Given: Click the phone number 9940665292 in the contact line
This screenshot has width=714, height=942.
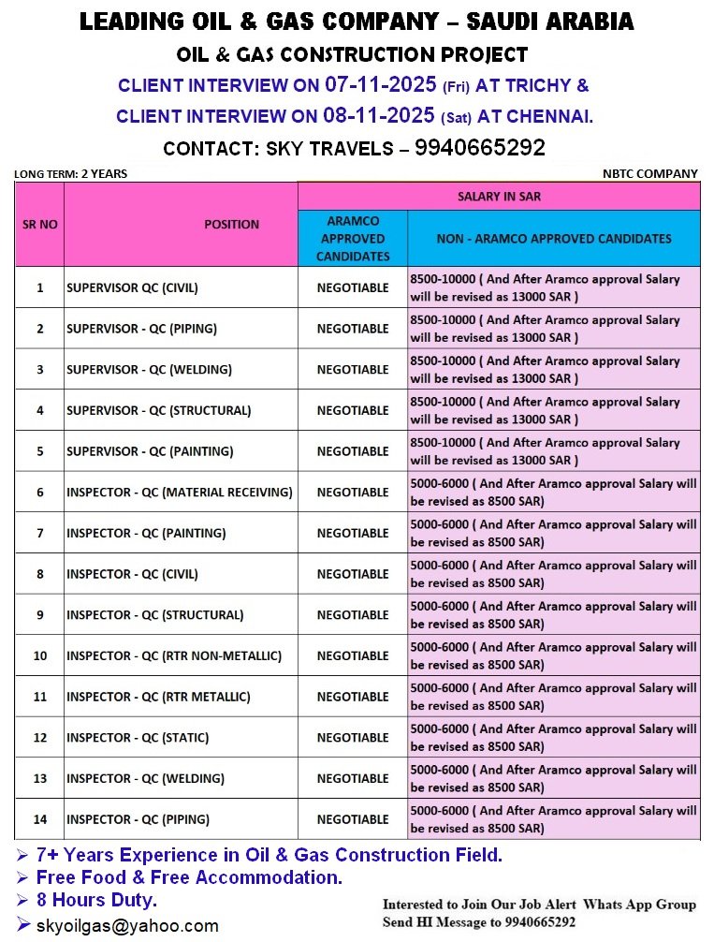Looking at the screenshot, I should [479, 148].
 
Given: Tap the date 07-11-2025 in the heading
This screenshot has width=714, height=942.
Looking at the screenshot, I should [381, 85].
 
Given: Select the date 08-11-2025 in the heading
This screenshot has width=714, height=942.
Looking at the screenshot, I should [381, 116].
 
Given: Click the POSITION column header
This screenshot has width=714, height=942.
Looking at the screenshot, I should [231, 225].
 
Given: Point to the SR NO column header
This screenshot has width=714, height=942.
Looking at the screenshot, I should [39, 225].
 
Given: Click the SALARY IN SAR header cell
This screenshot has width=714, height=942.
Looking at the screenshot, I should [498, 197].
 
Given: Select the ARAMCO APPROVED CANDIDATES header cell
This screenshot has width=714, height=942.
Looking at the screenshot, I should [353, 239].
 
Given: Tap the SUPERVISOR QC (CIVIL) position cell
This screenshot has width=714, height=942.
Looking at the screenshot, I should [132, 287].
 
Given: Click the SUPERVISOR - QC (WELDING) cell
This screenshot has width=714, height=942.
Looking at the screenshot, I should [149, 370].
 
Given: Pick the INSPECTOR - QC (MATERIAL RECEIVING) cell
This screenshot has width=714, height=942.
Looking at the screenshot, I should [179, 493].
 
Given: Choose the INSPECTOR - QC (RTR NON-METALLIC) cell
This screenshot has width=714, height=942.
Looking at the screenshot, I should [173, 655].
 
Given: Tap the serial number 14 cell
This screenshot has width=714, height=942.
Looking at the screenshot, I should [39, 819].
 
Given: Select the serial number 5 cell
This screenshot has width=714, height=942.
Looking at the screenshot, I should [39, 451].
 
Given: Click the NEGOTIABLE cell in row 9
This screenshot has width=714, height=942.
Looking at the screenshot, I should [353, 615].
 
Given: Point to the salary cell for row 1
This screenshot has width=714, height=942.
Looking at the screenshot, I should [552, 287].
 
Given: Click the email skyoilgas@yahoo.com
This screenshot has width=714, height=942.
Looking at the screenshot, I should [127, 926].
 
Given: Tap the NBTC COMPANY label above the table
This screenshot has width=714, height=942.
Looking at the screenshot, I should [663, 173].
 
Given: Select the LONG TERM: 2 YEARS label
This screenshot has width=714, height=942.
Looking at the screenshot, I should [70, 173].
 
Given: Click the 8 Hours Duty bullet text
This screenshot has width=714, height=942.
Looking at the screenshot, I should [96, 901].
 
